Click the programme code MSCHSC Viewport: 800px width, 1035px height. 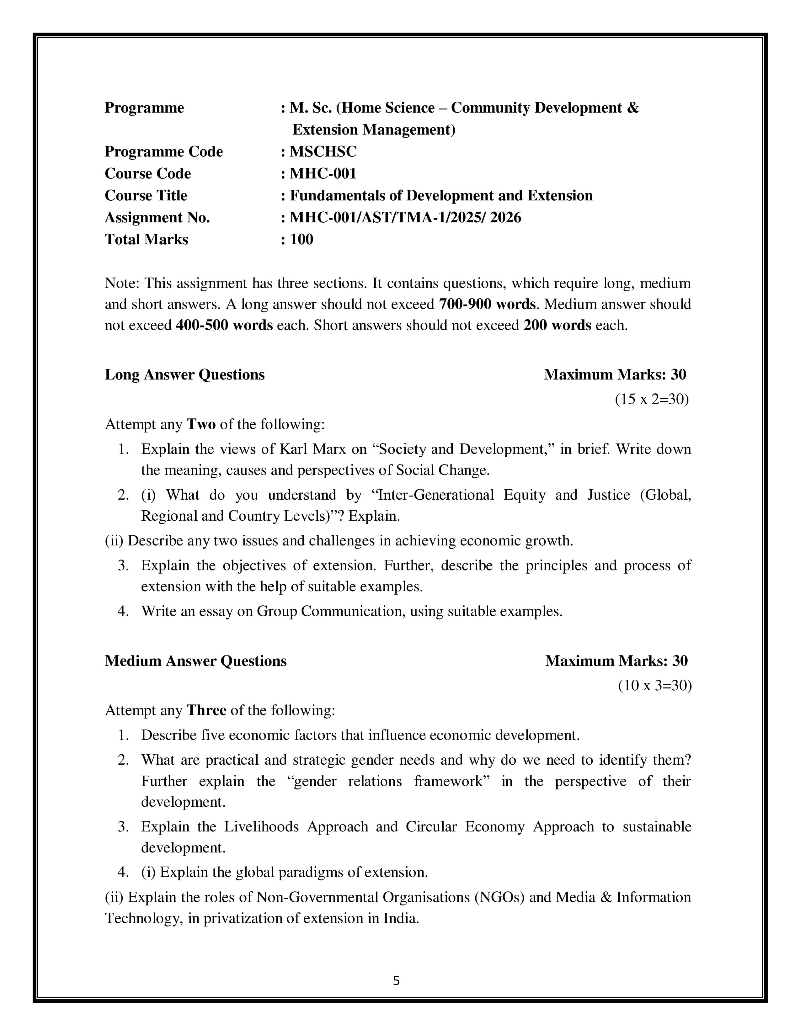tap(323, 152)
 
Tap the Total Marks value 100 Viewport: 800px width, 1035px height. tap(301, 239)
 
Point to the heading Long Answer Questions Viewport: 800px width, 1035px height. tap(184, 374)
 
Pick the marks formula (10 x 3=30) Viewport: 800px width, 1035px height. tap(654, 685)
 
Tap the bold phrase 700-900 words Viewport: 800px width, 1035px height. tap(487, 304)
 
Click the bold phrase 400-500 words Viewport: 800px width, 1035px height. tap(224, 325)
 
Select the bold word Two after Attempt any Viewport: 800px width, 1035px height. tap(201, 424)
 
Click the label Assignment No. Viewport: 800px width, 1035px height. tap(157, 218)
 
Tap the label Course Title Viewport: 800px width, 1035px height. tap(146, 195)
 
